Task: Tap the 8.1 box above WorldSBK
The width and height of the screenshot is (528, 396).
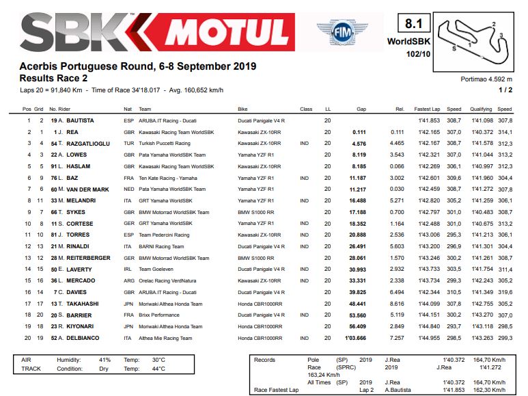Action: [413, 25]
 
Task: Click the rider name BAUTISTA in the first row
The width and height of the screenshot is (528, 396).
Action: [81, 120]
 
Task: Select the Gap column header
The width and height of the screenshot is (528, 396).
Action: [361, 109]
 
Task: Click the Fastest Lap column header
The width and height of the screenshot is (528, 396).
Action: [426, 109]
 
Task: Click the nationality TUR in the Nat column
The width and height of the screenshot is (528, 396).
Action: [128, 143]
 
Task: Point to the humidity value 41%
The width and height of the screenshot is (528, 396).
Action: [105, 360]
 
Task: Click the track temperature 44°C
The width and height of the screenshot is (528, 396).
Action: [158, 369]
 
